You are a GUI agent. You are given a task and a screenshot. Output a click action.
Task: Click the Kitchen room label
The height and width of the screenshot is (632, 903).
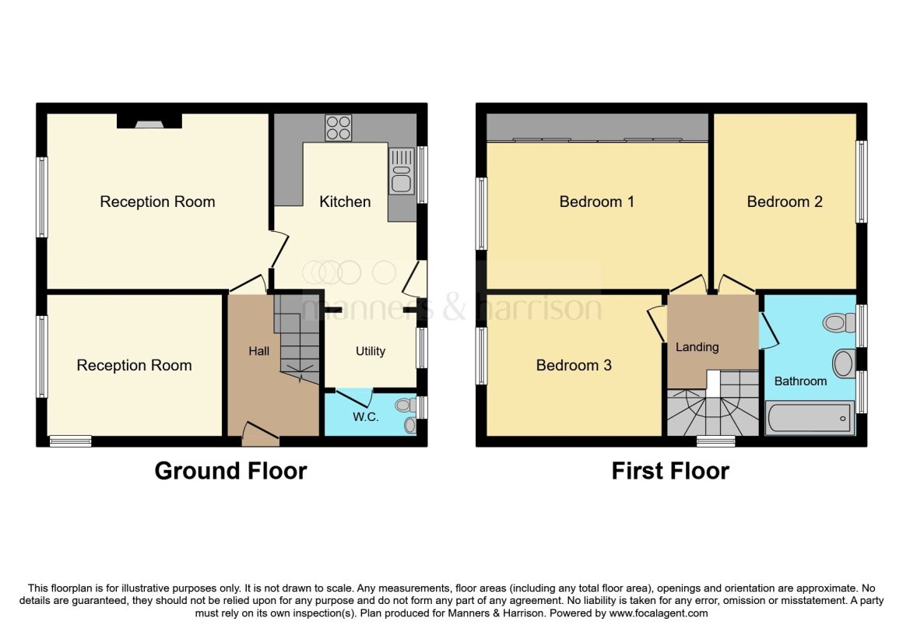pyautogui.click(x=345, y=202)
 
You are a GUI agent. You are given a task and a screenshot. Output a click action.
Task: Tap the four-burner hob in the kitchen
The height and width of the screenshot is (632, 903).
pyautogui.click(x=338, y=128)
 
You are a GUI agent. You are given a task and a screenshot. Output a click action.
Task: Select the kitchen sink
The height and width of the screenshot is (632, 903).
pyautogui.click(x=402, y=171)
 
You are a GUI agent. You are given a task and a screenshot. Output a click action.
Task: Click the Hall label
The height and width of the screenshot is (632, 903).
pyautogui.click(x=259, y=351)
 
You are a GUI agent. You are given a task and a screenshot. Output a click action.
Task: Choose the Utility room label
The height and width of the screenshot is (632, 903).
pyautogui.click(x=371, y=351)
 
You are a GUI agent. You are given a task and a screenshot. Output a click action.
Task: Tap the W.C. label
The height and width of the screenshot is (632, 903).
pyautogui.click(x=366, y=416)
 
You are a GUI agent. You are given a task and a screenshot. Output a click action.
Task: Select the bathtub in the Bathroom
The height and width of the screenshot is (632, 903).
pyautogui.click(x=809, y=419)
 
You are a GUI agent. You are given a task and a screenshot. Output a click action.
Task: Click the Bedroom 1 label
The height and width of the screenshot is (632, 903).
pyautogui.click(x=596, y=202)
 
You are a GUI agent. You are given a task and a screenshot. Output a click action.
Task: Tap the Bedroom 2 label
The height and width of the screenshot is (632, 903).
pyautogui.click(x=785, y=202)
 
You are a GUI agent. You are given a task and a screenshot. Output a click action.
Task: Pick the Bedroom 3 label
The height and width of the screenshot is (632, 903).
pyautogui.click(x=574, y=365)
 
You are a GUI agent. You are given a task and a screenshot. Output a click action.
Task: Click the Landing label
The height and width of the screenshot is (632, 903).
pyautogui.click(x=697, y=347)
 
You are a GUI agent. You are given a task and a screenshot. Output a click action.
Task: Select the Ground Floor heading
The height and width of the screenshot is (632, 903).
pyautogui.click(x=230, y=471)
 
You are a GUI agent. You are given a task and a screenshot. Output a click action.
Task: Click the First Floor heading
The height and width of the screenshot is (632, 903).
pyautogui.click(x=670, y=471)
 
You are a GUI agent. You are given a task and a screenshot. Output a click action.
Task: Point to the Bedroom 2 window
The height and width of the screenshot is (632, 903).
pyautogui.click(x=862, y=181)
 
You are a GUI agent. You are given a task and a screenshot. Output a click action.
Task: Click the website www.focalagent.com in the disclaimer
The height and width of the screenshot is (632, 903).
pyautogui.click(x=659, y=613)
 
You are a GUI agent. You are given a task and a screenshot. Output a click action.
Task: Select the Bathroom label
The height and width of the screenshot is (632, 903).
pyautogui.click(x=800, y=381)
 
